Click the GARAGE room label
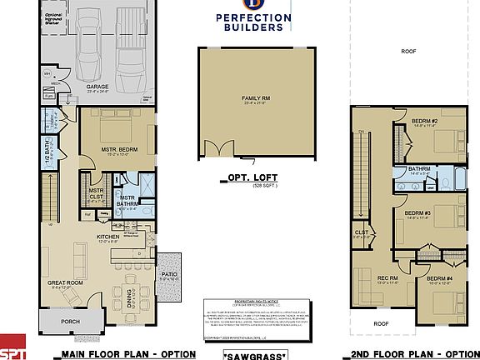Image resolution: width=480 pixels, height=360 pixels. point(98,86)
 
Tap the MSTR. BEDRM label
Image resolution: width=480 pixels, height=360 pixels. point(117,127)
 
